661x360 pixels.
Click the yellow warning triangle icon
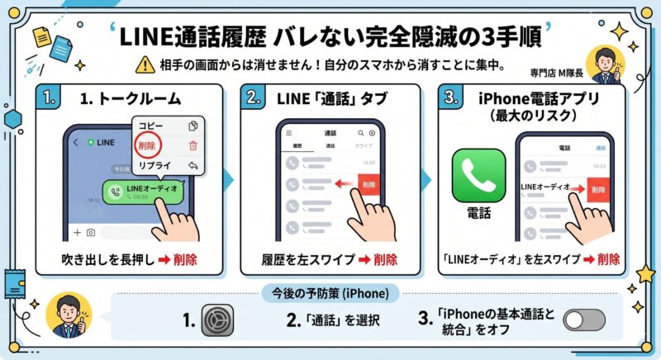146,64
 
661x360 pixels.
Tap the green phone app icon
478,175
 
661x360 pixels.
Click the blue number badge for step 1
50,97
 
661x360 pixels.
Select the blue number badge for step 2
254,97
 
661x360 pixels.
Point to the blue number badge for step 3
451,97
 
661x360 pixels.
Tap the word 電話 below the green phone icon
478,213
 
